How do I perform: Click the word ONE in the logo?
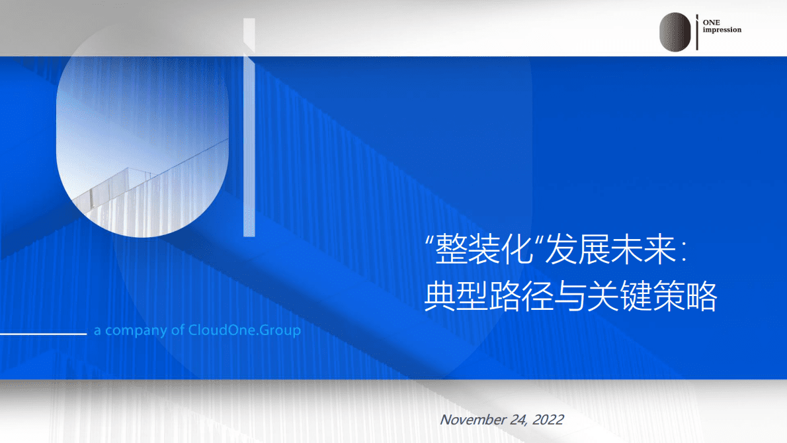pos(711,23)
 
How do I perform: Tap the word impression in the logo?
pos(722,30)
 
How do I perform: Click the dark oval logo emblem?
pos(675,32)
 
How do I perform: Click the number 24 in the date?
pos(517,419)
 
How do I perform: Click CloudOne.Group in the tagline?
pos(245,330)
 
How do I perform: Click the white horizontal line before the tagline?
pos(43,334)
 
